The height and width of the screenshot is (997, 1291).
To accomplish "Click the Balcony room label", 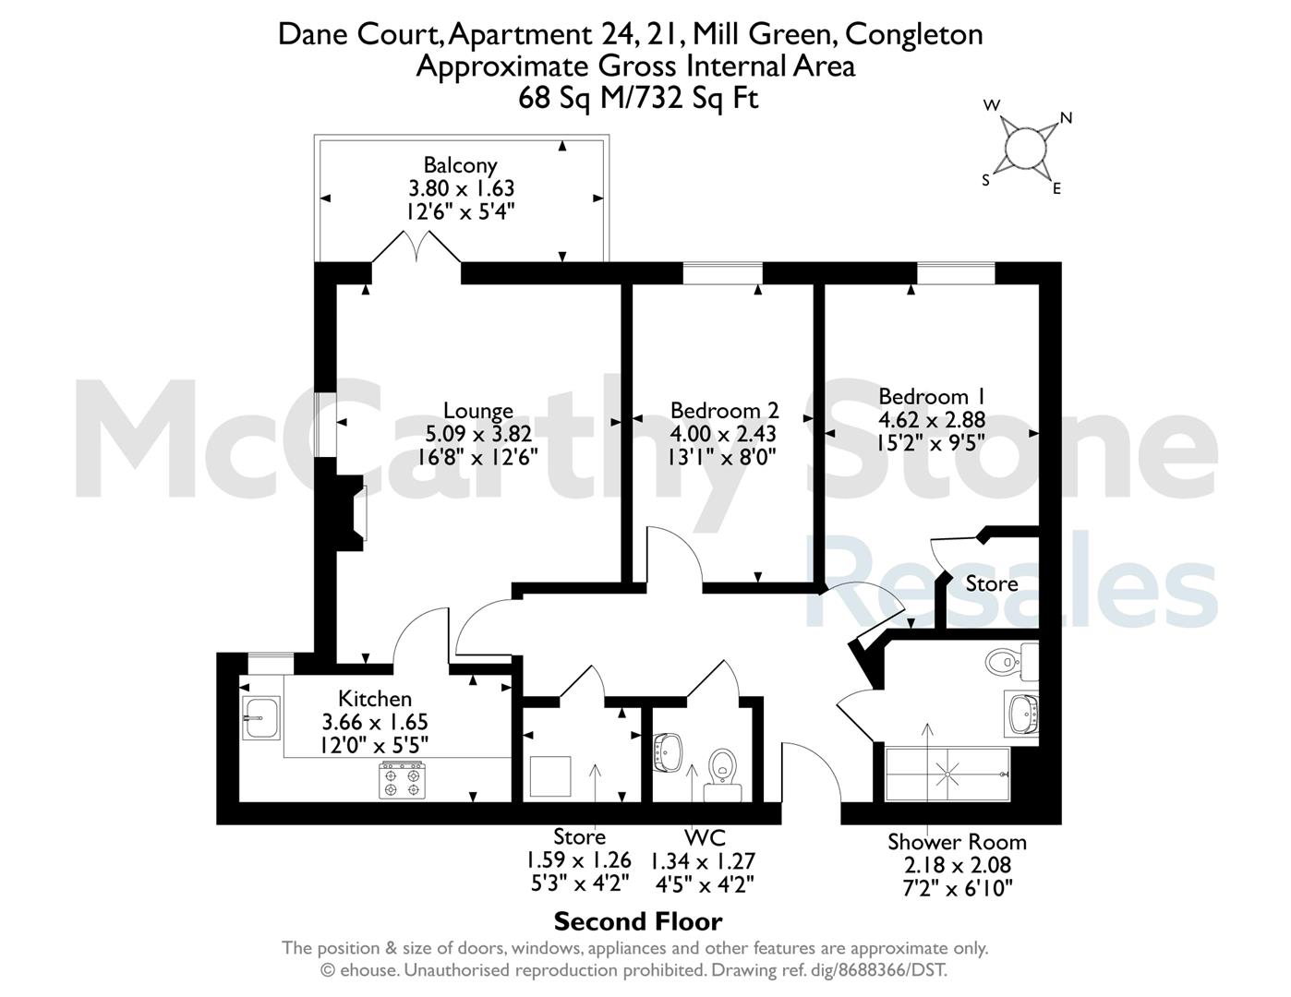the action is pos(460,164).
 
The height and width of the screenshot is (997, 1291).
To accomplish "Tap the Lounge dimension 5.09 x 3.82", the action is pos(478,434).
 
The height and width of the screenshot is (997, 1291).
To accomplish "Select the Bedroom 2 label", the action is pos(724,410).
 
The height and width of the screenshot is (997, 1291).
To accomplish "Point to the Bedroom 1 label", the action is pos(932,396).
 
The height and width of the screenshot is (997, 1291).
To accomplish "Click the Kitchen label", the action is pos(374,698).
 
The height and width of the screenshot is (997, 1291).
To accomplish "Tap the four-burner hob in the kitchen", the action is pos(403,780).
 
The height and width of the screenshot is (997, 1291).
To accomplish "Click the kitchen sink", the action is pos(260,718).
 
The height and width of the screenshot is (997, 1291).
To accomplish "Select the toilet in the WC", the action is pos(722,775).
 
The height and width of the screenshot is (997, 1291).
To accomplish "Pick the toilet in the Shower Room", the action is pos(1011,662).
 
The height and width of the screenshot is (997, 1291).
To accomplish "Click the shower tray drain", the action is pos(947,775).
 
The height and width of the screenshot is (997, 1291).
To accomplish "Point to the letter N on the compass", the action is pos(1066,118).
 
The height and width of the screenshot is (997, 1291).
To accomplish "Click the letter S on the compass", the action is pos(985,181).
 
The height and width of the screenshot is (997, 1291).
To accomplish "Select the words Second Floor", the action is pos(638,922).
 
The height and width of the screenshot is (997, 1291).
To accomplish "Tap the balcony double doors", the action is pos(416,246).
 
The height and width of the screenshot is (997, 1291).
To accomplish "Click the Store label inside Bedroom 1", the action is pos(992,584).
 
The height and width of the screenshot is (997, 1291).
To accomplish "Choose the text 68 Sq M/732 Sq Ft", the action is pos(638,98).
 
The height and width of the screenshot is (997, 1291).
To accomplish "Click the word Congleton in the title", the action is pos(913,34).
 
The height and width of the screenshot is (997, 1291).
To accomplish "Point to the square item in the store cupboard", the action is pos(550,776).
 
